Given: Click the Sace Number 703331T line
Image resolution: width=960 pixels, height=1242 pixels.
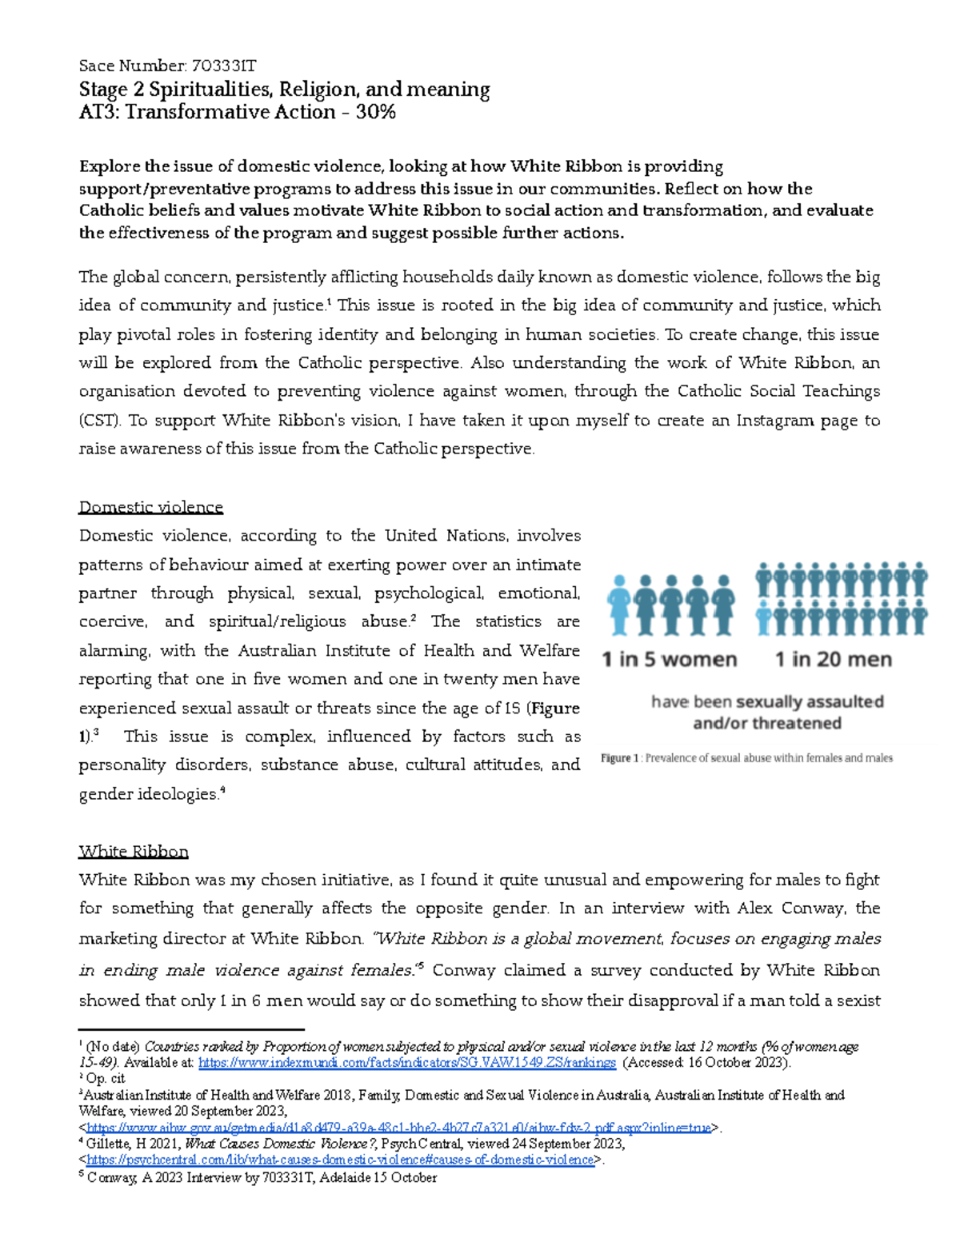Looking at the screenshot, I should click(167, 66).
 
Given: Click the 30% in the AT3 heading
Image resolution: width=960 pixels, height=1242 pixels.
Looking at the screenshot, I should click(375, 112).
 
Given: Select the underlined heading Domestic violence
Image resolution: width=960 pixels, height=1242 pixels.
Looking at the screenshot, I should click(150, 507).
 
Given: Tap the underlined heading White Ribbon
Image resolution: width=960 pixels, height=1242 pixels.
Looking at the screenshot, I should click(134, 851).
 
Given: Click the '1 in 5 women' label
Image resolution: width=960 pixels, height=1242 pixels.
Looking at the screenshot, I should click(669, 660).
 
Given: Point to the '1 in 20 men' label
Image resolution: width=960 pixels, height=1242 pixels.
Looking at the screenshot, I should click(833, 660).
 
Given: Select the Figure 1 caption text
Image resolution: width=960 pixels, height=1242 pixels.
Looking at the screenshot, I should click(746, 758).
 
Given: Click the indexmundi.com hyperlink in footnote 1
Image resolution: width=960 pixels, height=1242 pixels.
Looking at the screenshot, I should click(406, 1063).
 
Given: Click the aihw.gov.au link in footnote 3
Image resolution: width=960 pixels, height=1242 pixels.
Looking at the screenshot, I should click(398, 1128).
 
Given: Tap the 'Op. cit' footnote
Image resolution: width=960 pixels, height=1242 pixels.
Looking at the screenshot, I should click(105, 1079).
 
